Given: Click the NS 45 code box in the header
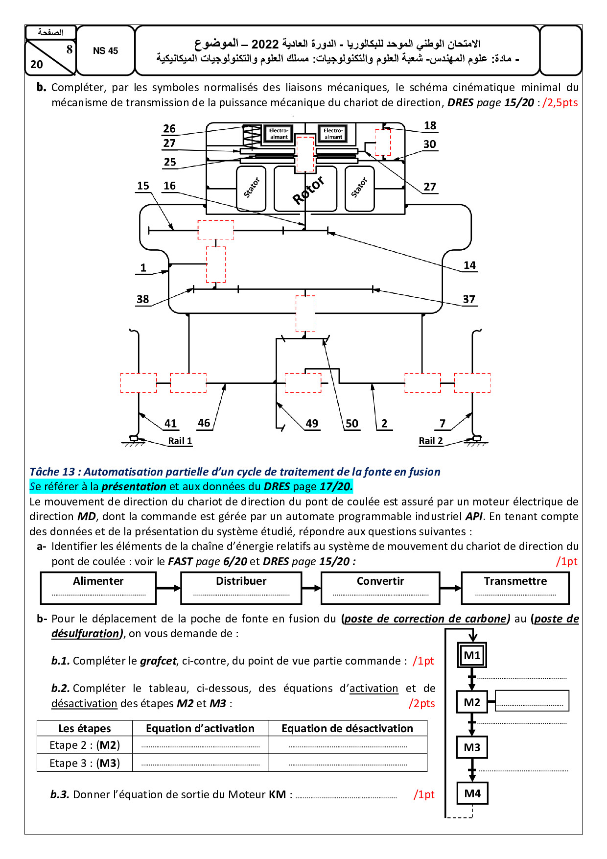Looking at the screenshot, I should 105,50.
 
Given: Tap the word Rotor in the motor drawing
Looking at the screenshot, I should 308,190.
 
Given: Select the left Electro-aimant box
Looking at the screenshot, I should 279,134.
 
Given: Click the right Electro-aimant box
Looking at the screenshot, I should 333,134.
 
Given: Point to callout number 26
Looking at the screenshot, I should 169,128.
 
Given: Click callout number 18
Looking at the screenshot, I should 430,126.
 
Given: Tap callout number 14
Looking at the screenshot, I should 469,265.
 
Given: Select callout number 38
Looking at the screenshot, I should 142,299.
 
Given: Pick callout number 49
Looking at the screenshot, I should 312,423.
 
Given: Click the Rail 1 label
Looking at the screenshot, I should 180,441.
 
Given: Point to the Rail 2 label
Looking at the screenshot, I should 431,441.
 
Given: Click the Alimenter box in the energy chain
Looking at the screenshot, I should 98,588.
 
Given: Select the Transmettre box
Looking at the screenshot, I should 515,588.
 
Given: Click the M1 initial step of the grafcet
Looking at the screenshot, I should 472,655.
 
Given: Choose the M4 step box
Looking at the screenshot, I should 472,793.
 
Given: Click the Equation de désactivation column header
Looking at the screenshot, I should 347,728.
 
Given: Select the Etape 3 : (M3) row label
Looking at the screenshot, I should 85,763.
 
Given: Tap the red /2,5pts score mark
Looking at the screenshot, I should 560,102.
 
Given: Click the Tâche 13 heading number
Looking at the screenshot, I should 69,472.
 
